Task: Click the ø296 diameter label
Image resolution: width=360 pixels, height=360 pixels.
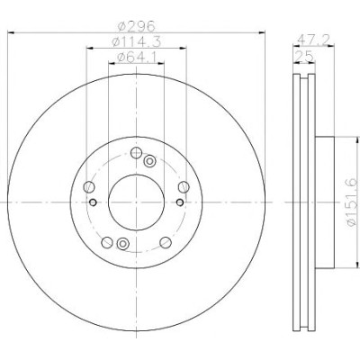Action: point(137,27)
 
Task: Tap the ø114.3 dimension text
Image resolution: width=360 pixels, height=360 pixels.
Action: point(137,41)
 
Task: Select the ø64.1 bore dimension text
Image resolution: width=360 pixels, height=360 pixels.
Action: point(137,57)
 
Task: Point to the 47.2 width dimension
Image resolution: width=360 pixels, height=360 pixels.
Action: point(313,40)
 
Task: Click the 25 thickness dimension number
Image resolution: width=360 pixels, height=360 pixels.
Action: point(304,56)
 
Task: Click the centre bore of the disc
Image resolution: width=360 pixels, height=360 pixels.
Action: point(136,202)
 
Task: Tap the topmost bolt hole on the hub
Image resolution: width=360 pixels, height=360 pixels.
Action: point(136,153)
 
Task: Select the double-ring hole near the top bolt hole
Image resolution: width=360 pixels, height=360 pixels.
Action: point(149,161)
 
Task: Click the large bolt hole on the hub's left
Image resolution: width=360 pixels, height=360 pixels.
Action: point(89,187)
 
